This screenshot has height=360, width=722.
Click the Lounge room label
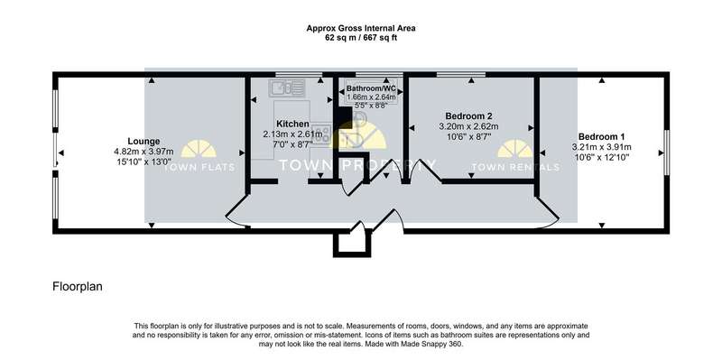pos(143,142)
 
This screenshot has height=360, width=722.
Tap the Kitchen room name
pos(292,124)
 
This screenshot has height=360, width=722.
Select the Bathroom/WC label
pos(371,88)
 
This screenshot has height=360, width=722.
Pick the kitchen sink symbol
pos(287,88)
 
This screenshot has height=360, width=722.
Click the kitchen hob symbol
pos(322,133)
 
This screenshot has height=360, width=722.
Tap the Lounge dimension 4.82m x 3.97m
pos(143,152)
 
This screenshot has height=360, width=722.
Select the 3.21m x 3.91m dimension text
pos(601,147)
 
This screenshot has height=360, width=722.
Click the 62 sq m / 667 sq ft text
pos(361,38)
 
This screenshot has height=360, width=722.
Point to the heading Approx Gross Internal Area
pos(361,29)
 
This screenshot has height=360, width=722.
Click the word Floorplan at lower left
pos(78,287)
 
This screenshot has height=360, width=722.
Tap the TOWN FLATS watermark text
pos(199,168)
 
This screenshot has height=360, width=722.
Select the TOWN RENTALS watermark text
pos(515,168)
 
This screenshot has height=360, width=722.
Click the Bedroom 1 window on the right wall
pos(666,152)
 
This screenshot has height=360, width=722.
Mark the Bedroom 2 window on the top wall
pos(460,74)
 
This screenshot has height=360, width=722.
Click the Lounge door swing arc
pos(234,213)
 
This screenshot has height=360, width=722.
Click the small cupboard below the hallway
pos(352,244)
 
